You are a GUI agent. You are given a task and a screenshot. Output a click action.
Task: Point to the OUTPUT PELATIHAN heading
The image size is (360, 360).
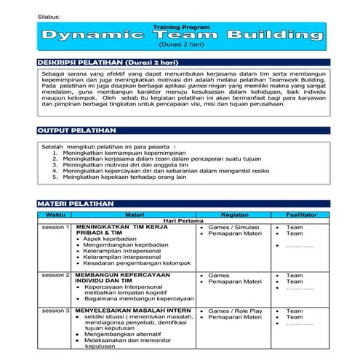coord(76,131)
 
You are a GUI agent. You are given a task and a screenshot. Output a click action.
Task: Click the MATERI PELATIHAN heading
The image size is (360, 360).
coord(74,204)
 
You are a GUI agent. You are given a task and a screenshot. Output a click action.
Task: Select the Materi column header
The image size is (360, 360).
coord(135,215)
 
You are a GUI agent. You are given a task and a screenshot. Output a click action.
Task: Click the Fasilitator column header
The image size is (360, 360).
coord(300,215)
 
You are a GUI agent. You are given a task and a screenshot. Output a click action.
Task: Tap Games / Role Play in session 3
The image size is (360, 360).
coord(235,311)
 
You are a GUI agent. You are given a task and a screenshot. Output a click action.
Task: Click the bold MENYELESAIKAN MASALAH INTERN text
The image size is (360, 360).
coord(133,311)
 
